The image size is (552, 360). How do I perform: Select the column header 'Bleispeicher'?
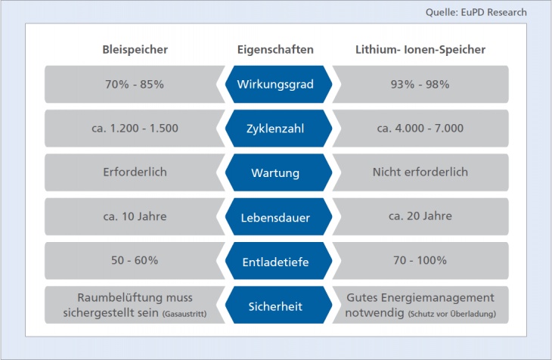coord(135,50)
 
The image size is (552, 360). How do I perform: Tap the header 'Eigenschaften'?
coord(275,50)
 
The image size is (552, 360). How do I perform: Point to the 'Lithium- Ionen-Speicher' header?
coord(420,50)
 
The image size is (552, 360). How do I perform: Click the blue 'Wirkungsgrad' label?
coord(275,85)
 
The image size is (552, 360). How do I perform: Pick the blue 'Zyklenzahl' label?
coord(275,129)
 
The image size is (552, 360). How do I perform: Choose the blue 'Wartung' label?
coord(275,173)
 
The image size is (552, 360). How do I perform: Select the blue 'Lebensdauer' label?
coord(275,218)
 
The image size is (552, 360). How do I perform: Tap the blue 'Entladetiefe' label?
coord(275,262)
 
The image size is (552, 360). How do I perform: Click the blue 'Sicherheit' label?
coord(275,306)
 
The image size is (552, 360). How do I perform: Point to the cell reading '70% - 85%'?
coord(135,84)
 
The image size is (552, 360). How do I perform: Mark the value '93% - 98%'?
coord(420,84)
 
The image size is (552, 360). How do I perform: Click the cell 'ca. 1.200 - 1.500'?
coord(135,128)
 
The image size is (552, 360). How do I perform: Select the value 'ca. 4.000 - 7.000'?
coord(420,128)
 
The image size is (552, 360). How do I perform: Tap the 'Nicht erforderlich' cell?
coord(420,172)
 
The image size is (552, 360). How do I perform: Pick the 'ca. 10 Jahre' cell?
coord(135,216)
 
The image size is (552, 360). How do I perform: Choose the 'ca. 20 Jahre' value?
coord(420,216)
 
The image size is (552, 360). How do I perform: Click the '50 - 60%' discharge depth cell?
coord(135,260)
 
